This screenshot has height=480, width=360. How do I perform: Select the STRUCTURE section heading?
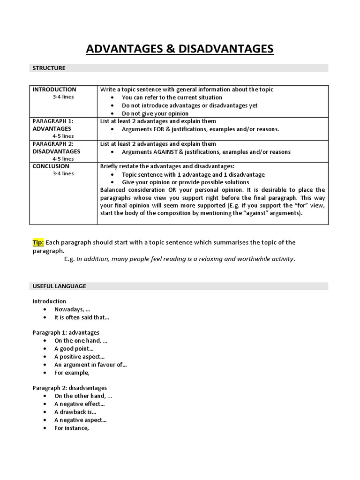click(x=49, y=68)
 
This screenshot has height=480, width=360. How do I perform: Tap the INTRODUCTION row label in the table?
click(x=54, y=90)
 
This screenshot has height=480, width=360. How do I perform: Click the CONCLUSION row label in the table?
click(x=51, y=166)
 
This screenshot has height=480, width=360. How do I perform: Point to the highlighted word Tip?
click(x=38, y=242)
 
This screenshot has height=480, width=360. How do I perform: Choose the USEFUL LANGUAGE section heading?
click(x=59, y=286)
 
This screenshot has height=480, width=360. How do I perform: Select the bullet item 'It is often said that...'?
click(x=82, y=317)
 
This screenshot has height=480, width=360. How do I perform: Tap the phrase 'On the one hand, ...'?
click(x=81, y=341)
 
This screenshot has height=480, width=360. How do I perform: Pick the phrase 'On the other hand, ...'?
click(x=83, y=396)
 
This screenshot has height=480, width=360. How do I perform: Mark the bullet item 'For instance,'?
click(x=71, y=427)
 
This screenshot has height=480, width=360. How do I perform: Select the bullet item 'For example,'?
click(x=71, y=373)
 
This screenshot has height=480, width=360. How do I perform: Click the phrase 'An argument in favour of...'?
click(x=90, y=365)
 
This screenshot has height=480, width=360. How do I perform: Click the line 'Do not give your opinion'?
click(x=155, y=113)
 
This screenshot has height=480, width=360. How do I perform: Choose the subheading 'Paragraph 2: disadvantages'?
click(x=69, y=388)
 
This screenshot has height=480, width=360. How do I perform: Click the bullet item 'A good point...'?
click(x=74, y=349)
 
